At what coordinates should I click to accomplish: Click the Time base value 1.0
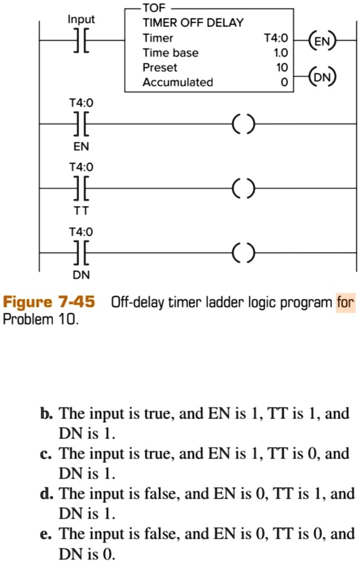[x=280, y=53]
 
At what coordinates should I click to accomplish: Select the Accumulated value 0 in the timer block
[x=284, y=83]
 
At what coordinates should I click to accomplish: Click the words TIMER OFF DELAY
[x=193, y=23]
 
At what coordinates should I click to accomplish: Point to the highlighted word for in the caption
[x=345, y=303]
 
